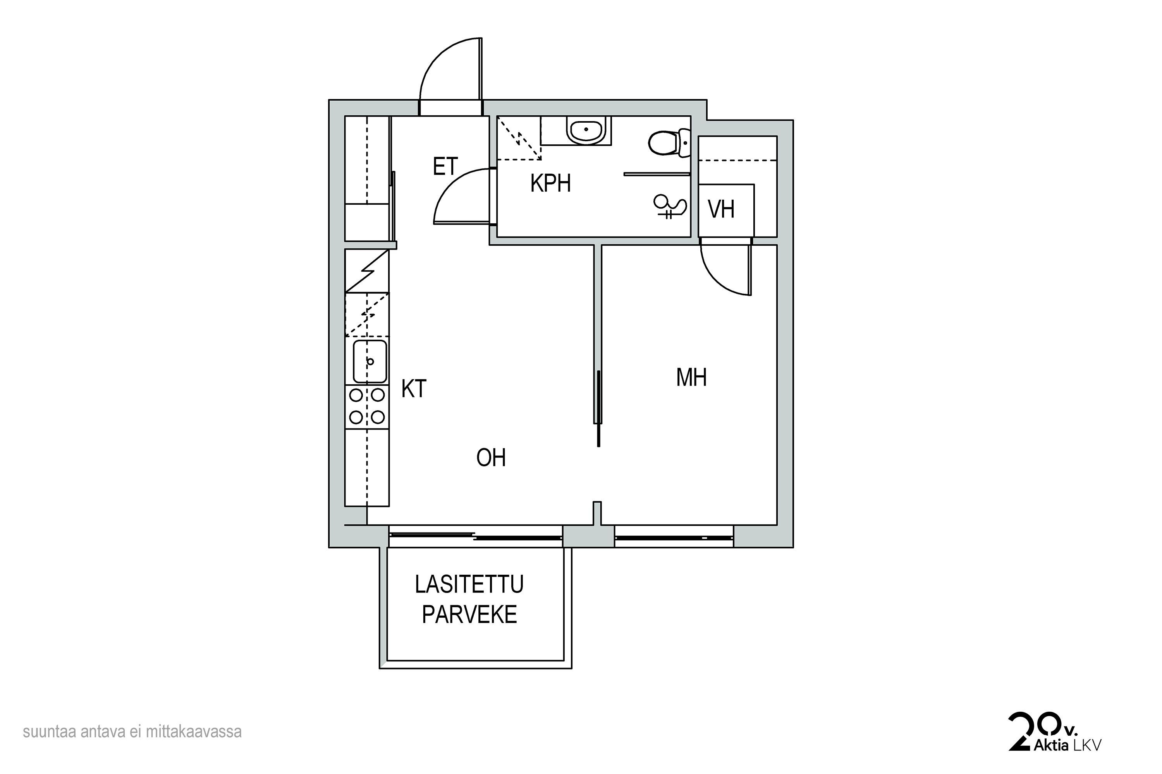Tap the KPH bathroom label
click(550, 183)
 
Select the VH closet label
click(721, 209)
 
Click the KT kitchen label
click(414, 389)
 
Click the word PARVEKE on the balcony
click(469, 615)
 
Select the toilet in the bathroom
click(669, 143)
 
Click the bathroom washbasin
click(586, 130)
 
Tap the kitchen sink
click(370, 361)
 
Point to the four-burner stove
click(367, 407)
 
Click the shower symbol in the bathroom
click(669, 206)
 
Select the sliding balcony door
click(476, 536)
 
